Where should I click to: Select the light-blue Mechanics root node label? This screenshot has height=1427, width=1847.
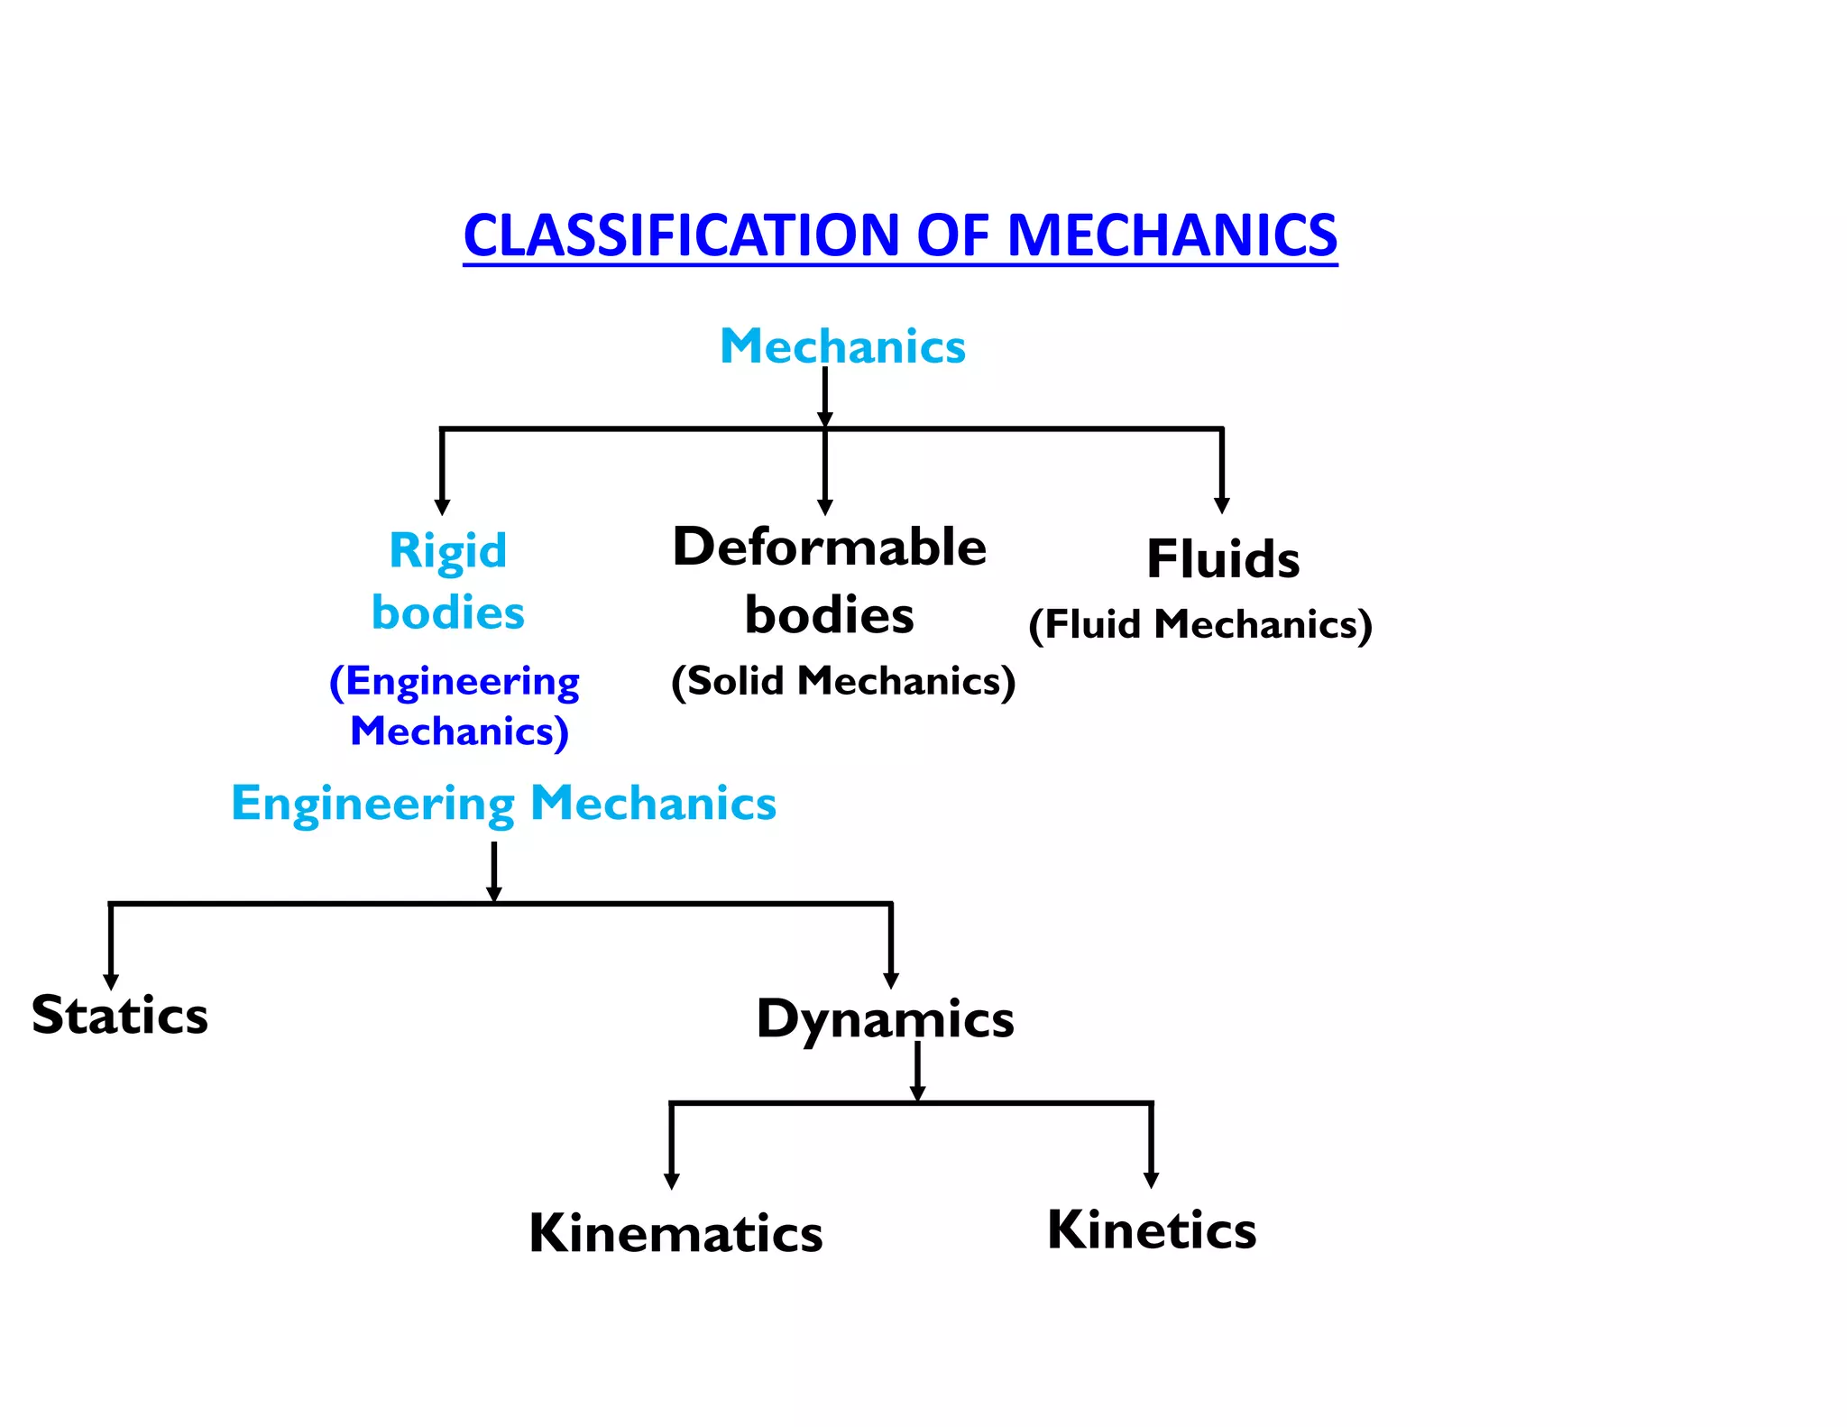pyautogui.click(x=842, y=346)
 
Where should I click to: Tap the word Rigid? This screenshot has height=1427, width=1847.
pyautogui.click(x=447, y=550)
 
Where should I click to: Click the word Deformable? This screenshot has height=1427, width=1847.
pyautogui.click(x=830, y=547)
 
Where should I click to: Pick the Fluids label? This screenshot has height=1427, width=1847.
pyautogui.click(x=1223, y=559)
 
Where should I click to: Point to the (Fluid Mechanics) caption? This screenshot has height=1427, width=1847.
pyautogui.click(x=1200, y=624)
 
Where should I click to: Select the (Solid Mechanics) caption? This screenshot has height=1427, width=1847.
pyautogui.click(x=843, y=681)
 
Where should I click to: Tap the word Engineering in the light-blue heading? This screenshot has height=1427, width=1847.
pyautogui.click(x=372, y=804)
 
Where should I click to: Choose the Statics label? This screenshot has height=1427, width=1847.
pyautogui.click(x=120, y=1015)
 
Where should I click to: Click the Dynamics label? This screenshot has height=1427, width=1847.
pyautogui.click(x=885, y=1019)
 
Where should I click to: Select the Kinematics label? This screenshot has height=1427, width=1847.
pyautogui.click(x=675, y=1233)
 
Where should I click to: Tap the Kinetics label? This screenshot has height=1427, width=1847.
pyautogui.click(x=1152, y=1229)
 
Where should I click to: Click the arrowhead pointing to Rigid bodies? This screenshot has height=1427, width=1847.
pyautogui.click(x=442, y=507)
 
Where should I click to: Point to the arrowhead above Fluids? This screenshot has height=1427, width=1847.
pyautogui.click(x=1222, y=505)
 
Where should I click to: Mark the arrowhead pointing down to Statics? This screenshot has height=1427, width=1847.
pyautogui.click(x=111, y=981)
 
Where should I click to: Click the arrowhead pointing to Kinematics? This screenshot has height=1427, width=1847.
pyautogui.click(x=671, y=1181)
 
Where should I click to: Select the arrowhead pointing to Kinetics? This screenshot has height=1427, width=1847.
pyautogui.click(x=1151, y=1180)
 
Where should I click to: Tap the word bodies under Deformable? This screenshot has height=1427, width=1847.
pyautogui.click(x=830, y=616)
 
